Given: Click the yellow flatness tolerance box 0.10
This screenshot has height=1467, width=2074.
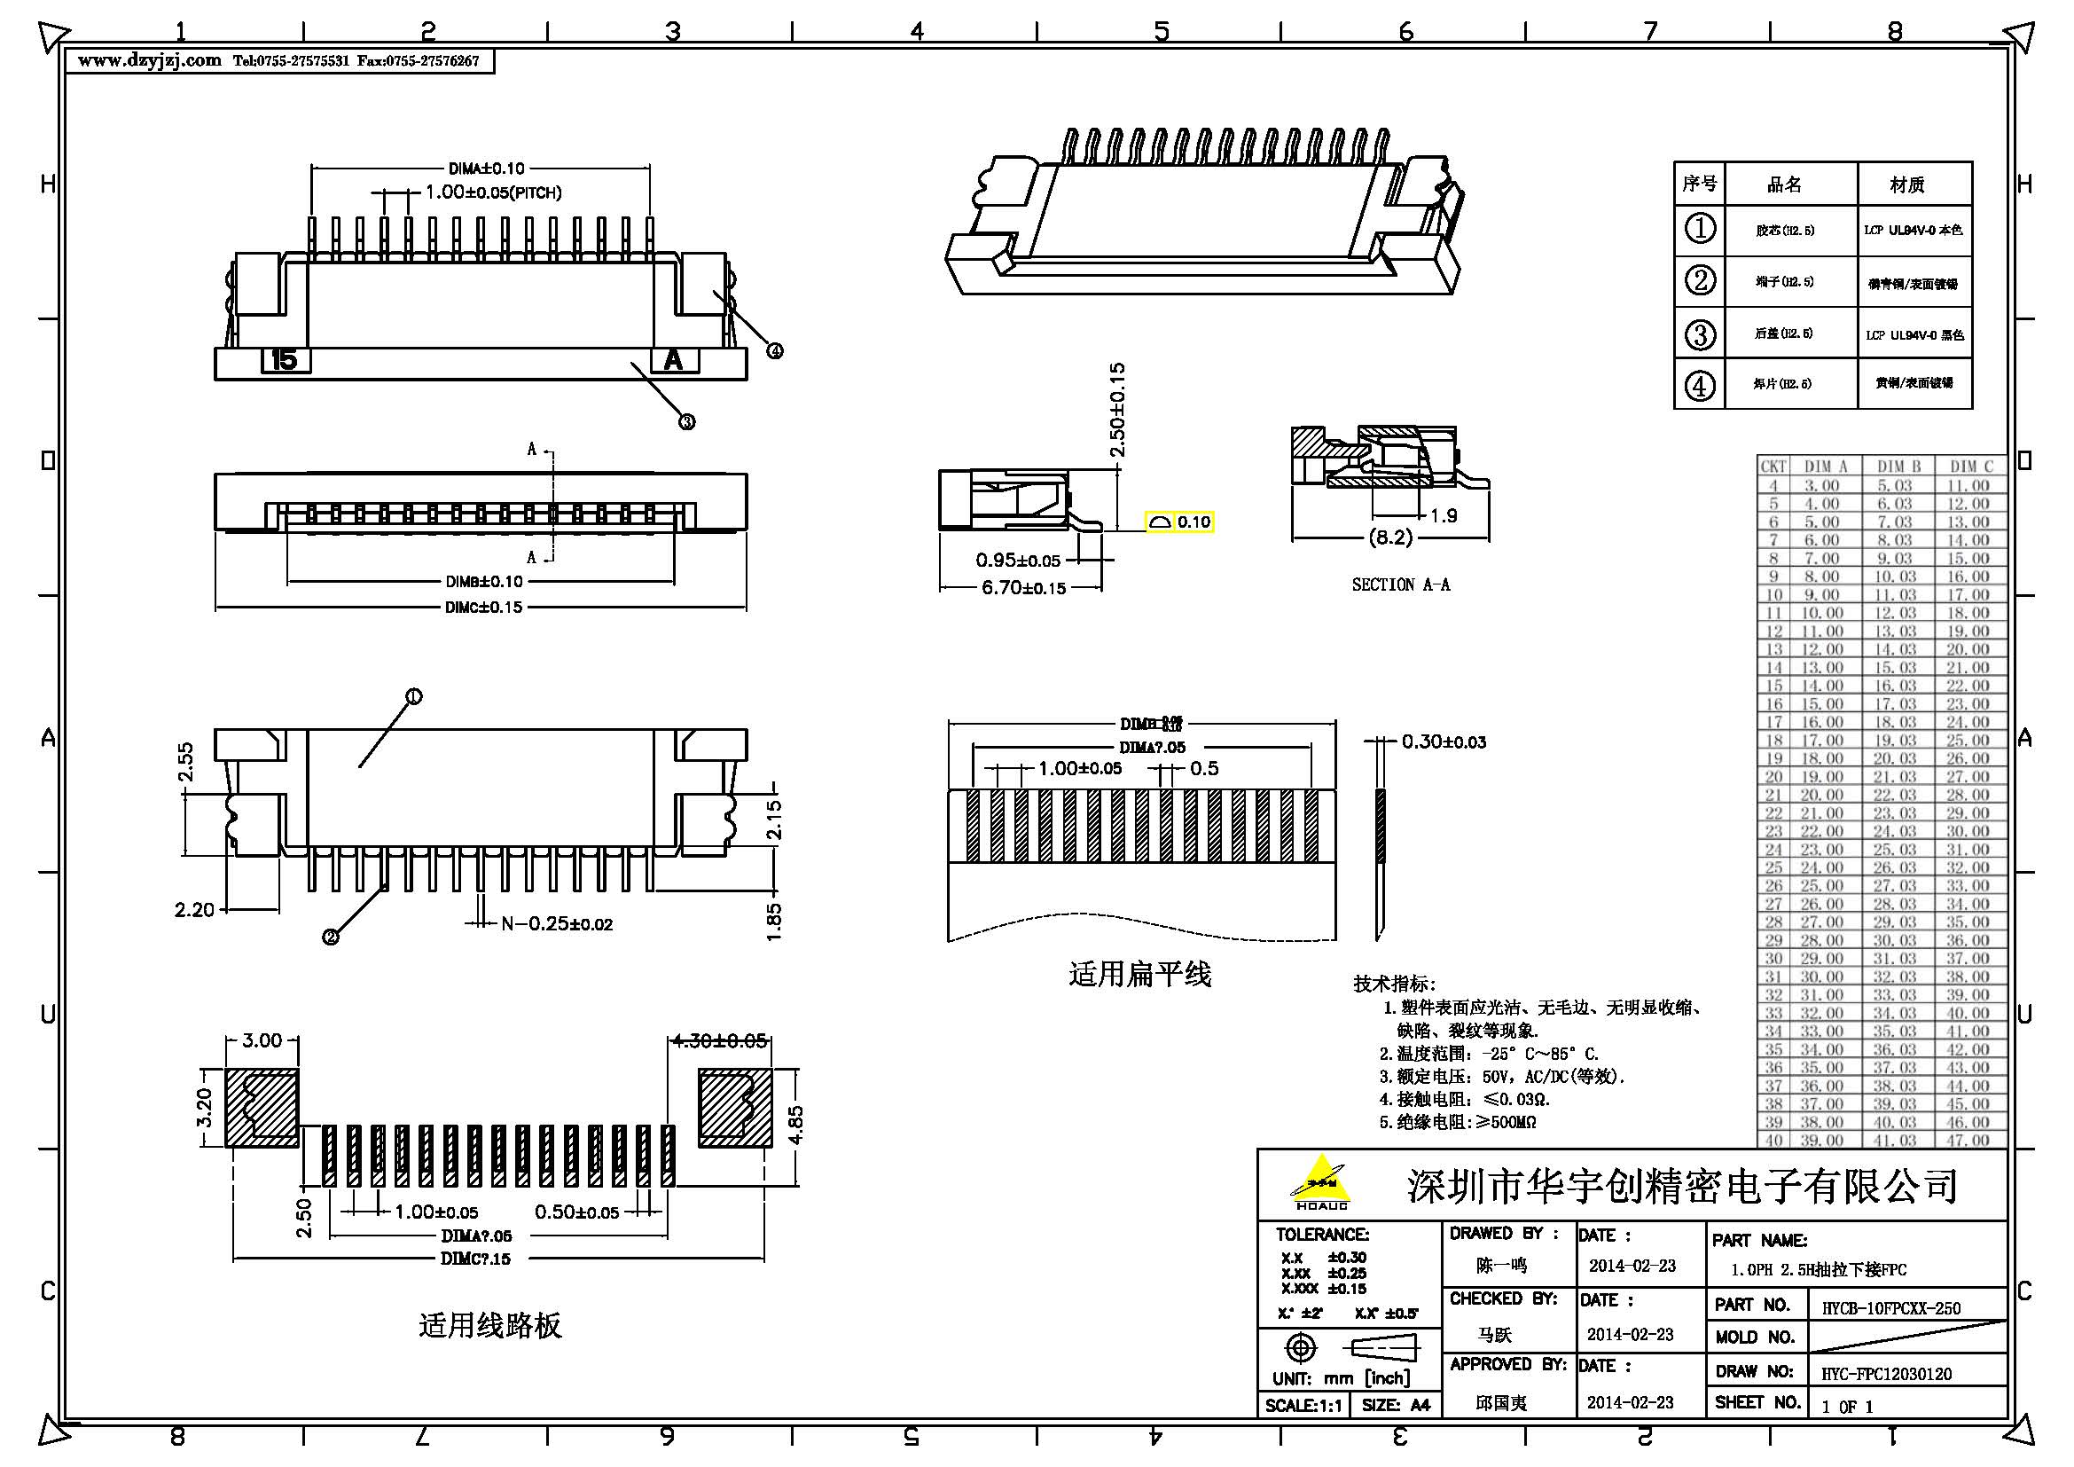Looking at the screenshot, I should click(x=1179, y=522).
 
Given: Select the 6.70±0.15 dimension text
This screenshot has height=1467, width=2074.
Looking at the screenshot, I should click(x=1023, y=588).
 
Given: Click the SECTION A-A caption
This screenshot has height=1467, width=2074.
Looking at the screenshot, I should click(x=1400, y=584).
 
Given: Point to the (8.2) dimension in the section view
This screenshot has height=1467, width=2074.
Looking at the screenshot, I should click(x=1390, y=537).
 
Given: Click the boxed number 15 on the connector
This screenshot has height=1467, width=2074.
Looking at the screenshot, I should click(x=285, y=360).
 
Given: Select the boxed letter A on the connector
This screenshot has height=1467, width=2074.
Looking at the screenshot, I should click(x=674, y=360).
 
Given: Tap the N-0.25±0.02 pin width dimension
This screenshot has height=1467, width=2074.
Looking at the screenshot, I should click(x=557, y=924).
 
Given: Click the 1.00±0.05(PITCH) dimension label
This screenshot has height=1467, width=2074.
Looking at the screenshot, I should click(x=493, y=192).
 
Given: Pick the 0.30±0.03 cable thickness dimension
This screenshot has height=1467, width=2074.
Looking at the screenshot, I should click(x=1444, y=741).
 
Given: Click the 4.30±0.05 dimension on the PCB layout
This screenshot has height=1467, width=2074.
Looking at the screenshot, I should click(x=719, y=1040).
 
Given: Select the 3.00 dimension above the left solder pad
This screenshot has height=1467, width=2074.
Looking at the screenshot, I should click(x=262, y=1040).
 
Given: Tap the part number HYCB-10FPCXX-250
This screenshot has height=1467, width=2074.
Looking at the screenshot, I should click(x=1890, y=1308).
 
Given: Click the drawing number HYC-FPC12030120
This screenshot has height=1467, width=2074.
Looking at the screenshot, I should click(x=1886, y=1374).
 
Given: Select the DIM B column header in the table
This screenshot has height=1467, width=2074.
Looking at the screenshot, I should click(x=1898, y=467).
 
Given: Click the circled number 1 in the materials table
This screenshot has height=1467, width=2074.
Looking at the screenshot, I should click(x=1700, y=230).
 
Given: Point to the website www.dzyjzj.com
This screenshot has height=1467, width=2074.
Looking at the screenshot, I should click(x=149, y=60).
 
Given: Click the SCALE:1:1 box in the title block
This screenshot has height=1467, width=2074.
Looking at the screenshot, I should click(x=1303, y=1405).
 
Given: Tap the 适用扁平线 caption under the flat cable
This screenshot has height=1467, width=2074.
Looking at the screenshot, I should click(x=1139, y=975).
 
